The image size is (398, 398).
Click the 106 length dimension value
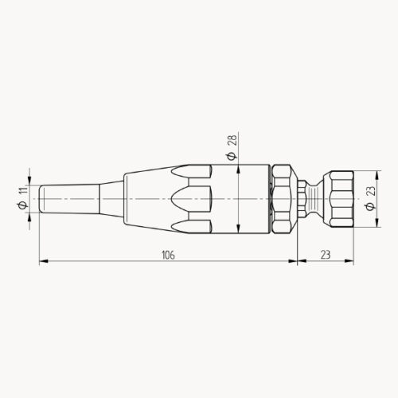tap(167, 255)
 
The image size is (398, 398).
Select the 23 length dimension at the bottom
tap(326, 255)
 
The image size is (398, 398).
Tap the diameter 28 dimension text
tap(232, 140)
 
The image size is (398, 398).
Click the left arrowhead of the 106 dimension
tap(42, 260)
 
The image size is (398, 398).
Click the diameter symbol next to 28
tap(232, 154)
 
